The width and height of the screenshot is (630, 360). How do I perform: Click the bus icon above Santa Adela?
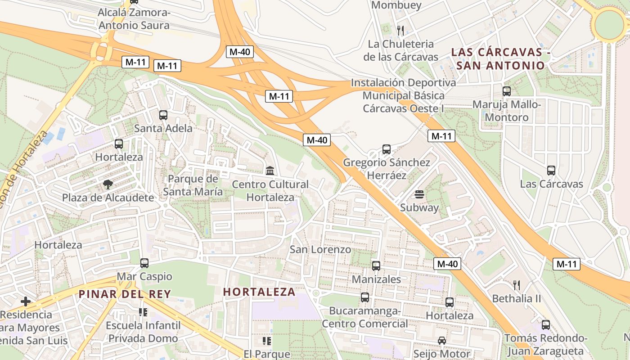pyautogui.click(x=163, y=115)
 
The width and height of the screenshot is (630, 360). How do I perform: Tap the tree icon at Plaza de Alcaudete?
pyautogui.click(x=108, y=184)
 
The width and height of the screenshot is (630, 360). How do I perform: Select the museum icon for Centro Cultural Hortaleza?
pyautogui.click(x=270, y=171)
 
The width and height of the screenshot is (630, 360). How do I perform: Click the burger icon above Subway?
pyautogui.click(x=419, y=194)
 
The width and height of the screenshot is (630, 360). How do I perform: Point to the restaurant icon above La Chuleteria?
pyautogui.click(x=400, y=31)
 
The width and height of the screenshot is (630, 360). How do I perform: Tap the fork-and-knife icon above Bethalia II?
pyautogui.click(x=517, y=285)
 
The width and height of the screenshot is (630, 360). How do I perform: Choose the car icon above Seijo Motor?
pyautogui.click(x=442, y=341)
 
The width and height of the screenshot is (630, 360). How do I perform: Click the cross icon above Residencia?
pyautogui.click(x=26, y=301)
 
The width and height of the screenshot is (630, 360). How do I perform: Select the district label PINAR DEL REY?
pyautogui.click(x=125, y=294)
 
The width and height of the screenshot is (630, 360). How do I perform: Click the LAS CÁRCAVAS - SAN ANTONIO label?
pyautogui.click(x=500, y=59)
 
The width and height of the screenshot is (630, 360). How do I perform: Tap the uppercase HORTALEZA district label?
pyautogui.click(x=259, y=292)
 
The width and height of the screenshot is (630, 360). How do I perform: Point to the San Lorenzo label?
pyautogui.click(x=320, y=249)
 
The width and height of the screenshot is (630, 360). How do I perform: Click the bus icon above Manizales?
pyautogui.click(x=376, y=266)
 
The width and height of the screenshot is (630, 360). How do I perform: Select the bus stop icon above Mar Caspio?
pyautogui.click(x=144, y=263)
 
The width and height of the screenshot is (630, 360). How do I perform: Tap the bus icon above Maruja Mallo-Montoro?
pyautogui.click(x=507, y=91)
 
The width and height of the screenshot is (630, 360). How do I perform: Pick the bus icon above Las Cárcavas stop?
pyautogui.click(x=551, y=171)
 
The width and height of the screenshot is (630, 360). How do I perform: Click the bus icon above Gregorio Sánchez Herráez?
pyautogui.click(x=386, y=149)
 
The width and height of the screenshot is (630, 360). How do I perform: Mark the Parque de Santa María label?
pyautogui.click(x=193, y=185)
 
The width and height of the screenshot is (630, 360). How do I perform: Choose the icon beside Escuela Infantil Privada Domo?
pyautogui.click(x=143, y=312)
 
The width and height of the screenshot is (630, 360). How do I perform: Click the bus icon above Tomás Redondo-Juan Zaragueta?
pyautogui.click(x=546, y=325)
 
